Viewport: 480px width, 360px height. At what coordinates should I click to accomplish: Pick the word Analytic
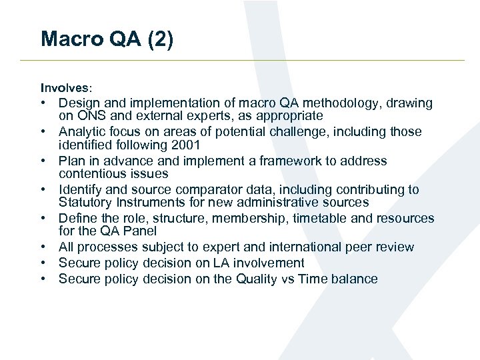(83, 132)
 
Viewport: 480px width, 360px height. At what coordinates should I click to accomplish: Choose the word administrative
(271, 202)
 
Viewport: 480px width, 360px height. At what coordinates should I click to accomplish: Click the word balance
(353, 279)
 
